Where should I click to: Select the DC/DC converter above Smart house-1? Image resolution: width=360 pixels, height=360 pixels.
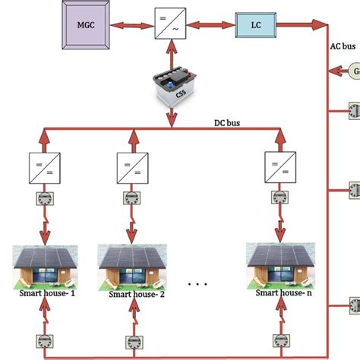tap(39, 165)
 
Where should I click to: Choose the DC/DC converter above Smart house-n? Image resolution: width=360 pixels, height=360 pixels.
tap(275, 165)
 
